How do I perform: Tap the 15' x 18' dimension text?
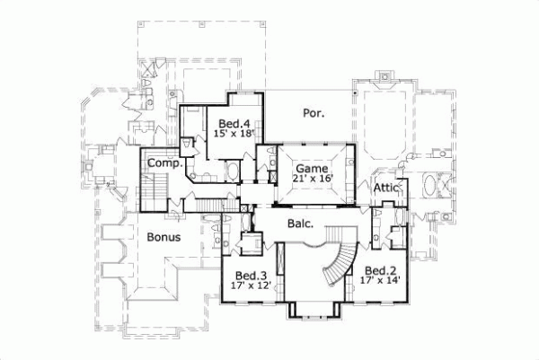pyautogui.click(x=234, y=133)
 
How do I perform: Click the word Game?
pyautogui.click(x=307, y=168)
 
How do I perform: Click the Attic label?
pyautogui.click(x=385, y=188)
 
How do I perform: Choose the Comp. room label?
pyautogui.click(x=166, y=164)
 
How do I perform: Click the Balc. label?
pyautogui.click(x=299, y=223)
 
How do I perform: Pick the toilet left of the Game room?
pyautogui.click(x=261, y=163)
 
